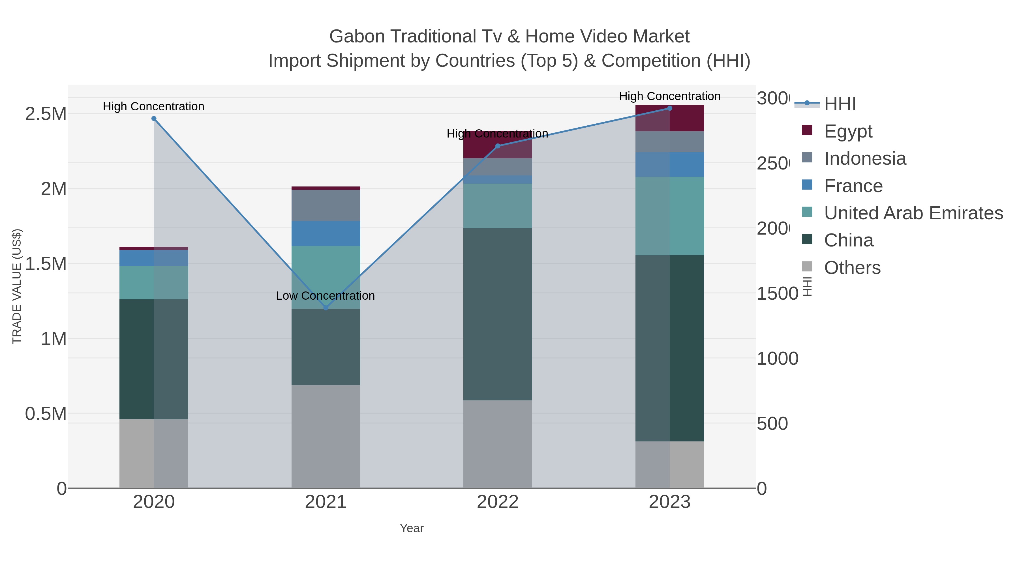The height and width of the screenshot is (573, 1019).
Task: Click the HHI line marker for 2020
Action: [x=154, y=119]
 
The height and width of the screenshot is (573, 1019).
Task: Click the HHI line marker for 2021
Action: [x=326, y=308]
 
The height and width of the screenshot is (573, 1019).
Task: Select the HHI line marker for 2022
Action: [x=498, y=146]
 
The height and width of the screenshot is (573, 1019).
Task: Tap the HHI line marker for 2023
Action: [x=670, y=108]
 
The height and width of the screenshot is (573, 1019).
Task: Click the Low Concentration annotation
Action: [x=325, y=296]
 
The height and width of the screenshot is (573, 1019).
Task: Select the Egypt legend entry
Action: [x=848, y=131]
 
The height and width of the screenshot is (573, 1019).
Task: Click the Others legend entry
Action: [x=852, y=268]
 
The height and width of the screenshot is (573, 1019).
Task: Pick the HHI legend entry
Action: [x=840, y=104]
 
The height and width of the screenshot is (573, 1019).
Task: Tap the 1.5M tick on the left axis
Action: [x=46, y=264]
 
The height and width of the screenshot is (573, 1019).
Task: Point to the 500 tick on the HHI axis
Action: [x=772, y=424]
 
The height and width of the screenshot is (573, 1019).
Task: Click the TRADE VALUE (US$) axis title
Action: [x=17, y=286]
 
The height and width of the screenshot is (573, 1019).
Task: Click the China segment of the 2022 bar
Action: [x=498, y=314]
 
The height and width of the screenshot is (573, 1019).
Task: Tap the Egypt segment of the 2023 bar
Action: [x=687, y=118]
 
